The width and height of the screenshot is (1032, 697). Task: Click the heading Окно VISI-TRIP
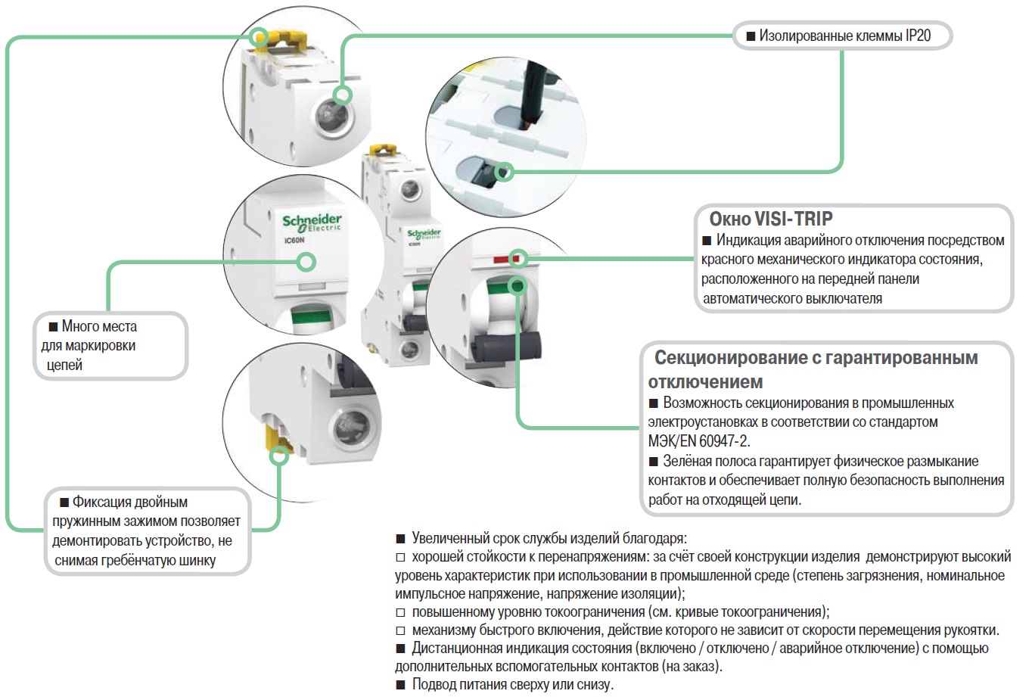tap(770, 219)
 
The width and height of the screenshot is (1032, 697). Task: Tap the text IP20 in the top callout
tap(918, 36)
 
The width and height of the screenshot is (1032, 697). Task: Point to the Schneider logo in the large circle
tap(312, 222)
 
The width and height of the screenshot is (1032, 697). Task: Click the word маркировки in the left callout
tap(98, 346)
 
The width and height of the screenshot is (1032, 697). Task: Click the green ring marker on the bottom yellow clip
tap(280, 454)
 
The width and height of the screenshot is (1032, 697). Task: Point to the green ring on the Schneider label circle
tap(306, 262)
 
